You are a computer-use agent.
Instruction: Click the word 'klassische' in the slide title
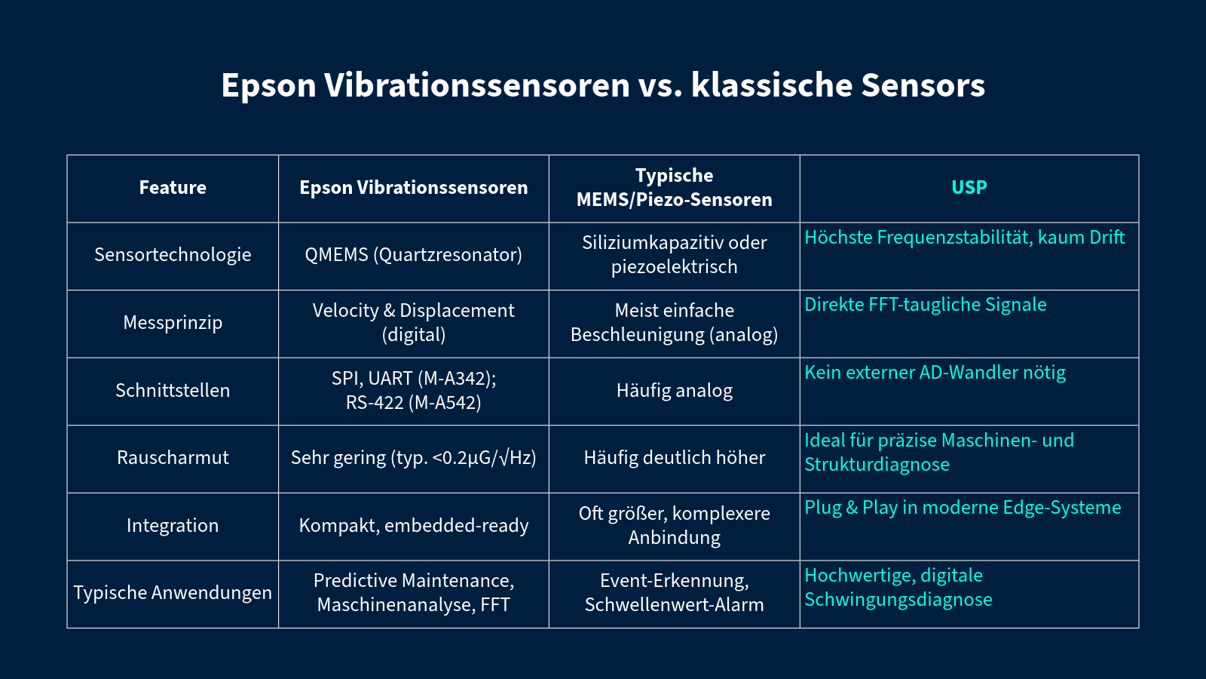point(772,85)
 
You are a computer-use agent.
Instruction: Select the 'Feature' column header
point(173,188)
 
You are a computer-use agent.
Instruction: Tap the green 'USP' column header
point(969,188)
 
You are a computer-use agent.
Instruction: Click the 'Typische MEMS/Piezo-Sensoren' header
point(674,188)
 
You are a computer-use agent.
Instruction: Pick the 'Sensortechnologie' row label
point(173,255)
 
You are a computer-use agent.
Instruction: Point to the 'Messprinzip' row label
point(173,322)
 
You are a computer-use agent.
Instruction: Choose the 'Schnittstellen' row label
point(173,390)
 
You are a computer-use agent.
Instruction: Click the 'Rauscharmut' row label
point(173,457)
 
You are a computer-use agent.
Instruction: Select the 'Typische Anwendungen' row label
point(173,593)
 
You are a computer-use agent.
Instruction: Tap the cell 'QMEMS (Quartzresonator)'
point(414,255)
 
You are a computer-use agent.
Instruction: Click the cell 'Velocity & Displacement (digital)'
point(414,322)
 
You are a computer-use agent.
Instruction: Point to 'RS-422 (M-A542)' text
point(414,403)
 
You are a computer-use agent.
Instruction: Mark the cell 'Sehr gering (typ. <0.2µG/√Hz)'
point(414,457)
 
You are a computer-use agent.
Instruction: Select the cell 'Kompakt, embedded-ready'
point(414,525)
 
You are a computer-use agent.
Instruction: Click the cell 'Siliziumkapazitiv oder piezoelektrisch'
point(674,255)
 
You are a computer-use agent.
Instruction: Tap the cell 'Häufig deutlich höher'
point(674,457)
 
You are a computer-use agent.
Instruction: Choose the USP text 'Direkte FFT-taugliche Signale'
point(926,305)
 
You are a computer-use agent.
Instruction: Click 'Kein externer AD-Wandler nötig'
point(935,373)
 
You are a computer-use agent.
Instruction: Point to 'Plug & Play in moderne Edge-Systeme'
point(963,508)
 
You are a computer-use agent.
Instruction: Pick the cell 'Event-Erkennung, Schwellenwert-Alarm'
point(674,593)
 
